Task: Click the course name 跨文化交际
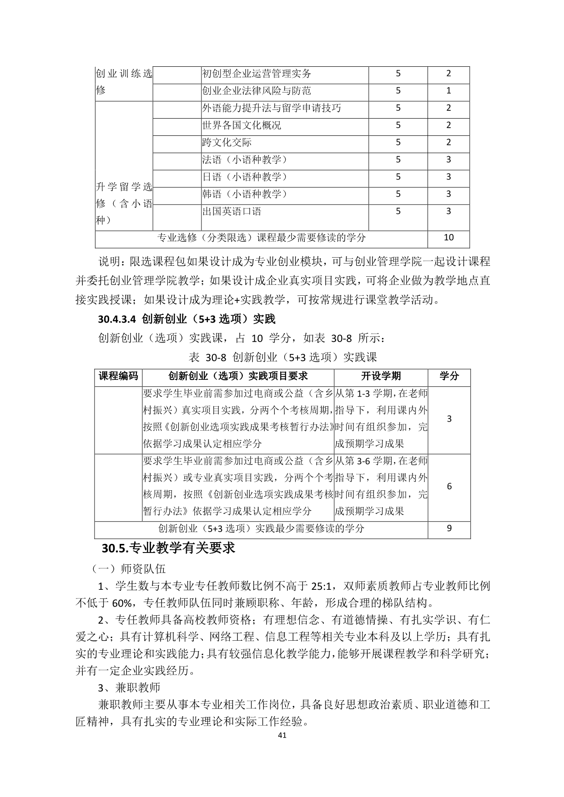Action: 227,143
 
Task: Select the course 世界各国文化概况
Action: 242,125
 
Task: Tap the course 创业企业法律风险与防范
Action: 257,91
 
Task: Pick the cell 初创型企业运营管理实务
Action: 257,74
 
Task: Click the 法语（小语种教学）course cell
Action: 246,160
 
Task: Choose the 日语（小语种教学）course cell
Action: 246,177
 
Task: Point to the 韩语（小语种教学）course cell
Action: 246,194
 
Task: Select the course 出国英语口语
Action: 232,212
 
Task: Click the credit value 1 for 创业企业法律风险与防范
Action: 448,91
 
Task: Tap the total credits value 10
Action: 448,238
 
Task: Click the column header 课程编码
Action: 118,376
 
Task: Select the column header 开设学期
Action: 381,376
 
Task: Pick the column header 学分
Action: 449,376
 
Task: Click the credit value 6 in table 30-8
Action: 449,487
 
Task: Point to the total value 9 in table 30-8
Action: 449,528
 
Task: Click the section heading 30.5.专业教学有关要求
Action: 168,548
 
